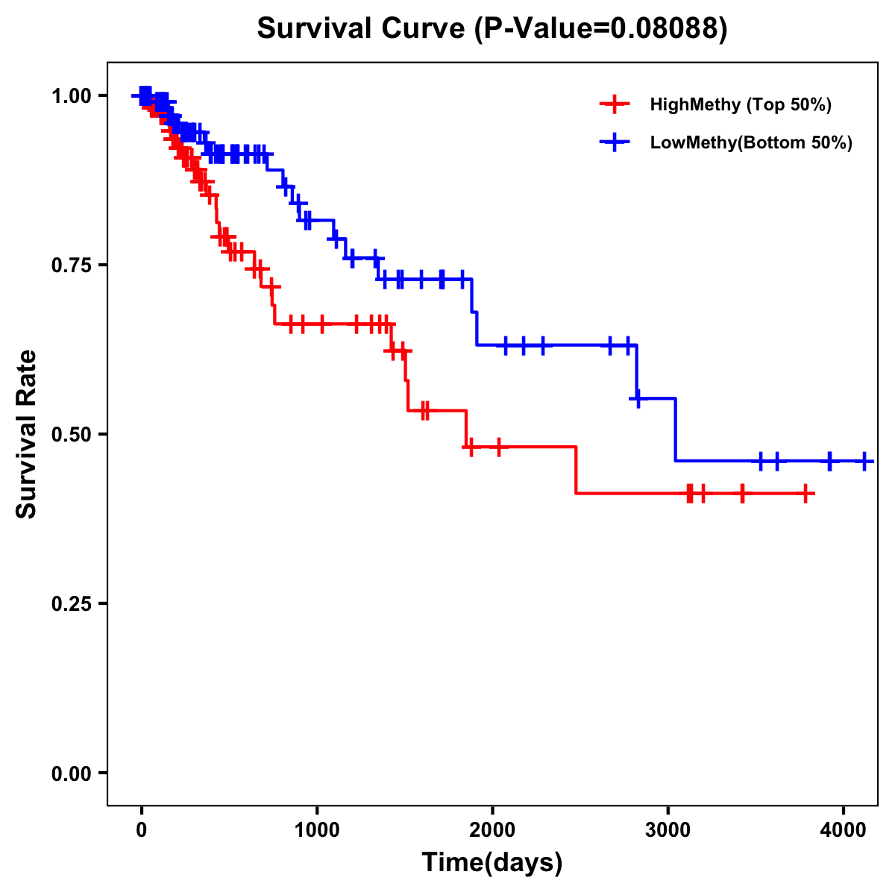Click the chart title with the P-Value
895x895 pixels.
tap(492, 28)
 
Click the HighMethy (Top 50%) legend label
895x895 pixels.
tap(741, 104)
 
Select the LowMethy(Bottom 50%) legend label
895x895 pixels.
tap(751, 143)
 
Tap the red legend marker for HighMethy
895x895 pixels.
tap(614, 104)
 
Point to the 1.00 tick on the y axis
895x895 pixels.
tap(72, 95)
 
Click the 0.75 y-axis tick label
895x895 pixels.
tap(72, 265)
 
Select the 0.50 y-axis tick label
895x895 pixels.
tap(72, 434)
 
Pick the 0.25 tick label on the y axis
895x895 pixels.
tap(72, 603)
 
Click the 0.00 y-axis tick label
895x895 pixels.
tap(72, 773)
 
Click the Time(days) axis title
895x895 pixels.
tap(492, 863)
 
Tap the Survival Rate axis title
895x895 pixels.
tap(27, 434)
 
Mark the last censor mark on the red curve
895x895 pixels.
tap(805, 493)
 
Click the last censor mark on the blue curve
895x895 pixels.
tap(864, 461)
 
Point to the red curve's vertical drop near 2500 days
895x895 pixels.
tap(576, 470)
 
